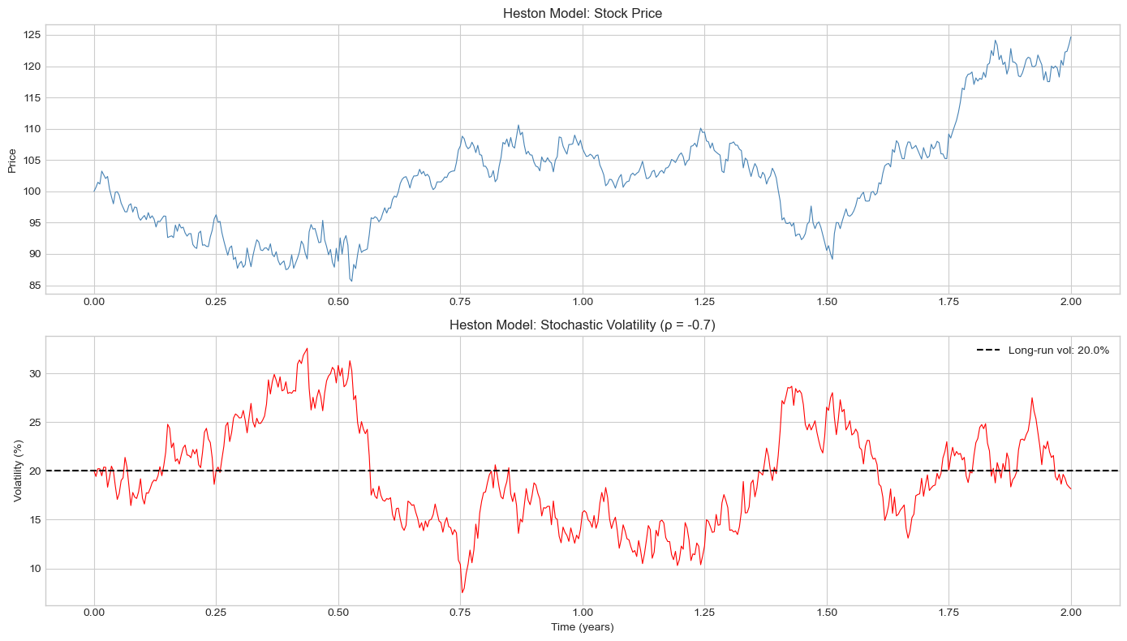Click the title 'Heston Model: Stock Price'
click(582, 13)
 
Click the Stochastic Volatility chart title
click(582, 325)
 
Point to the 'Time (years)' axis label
click(582, 627)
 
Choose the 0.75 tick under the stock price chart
click(460, 300)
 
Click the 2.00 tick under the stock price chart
click(1070, 300)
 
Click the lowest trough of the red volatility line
click(462, 593)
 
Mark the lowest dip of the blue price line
click(351, 282)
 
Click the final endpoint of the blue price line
click(1070, 37)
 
